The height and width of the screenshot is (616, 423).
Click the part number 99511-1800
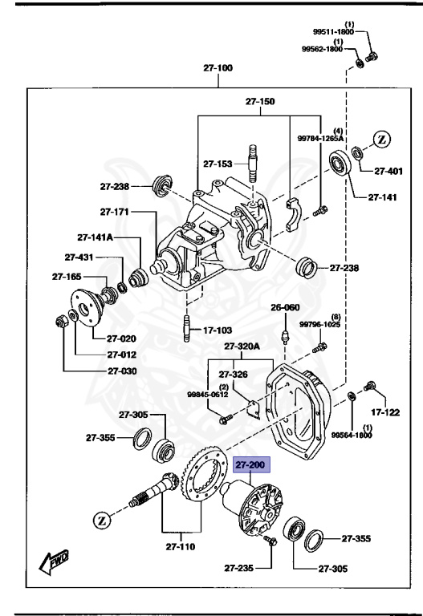(332, 32)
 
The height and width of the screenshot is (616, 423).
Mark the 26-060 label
(284, 307)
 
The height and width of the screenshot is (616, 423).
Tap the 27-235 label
(238, 569)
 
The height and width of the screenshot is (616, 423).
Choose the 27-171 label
(116, 212)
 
